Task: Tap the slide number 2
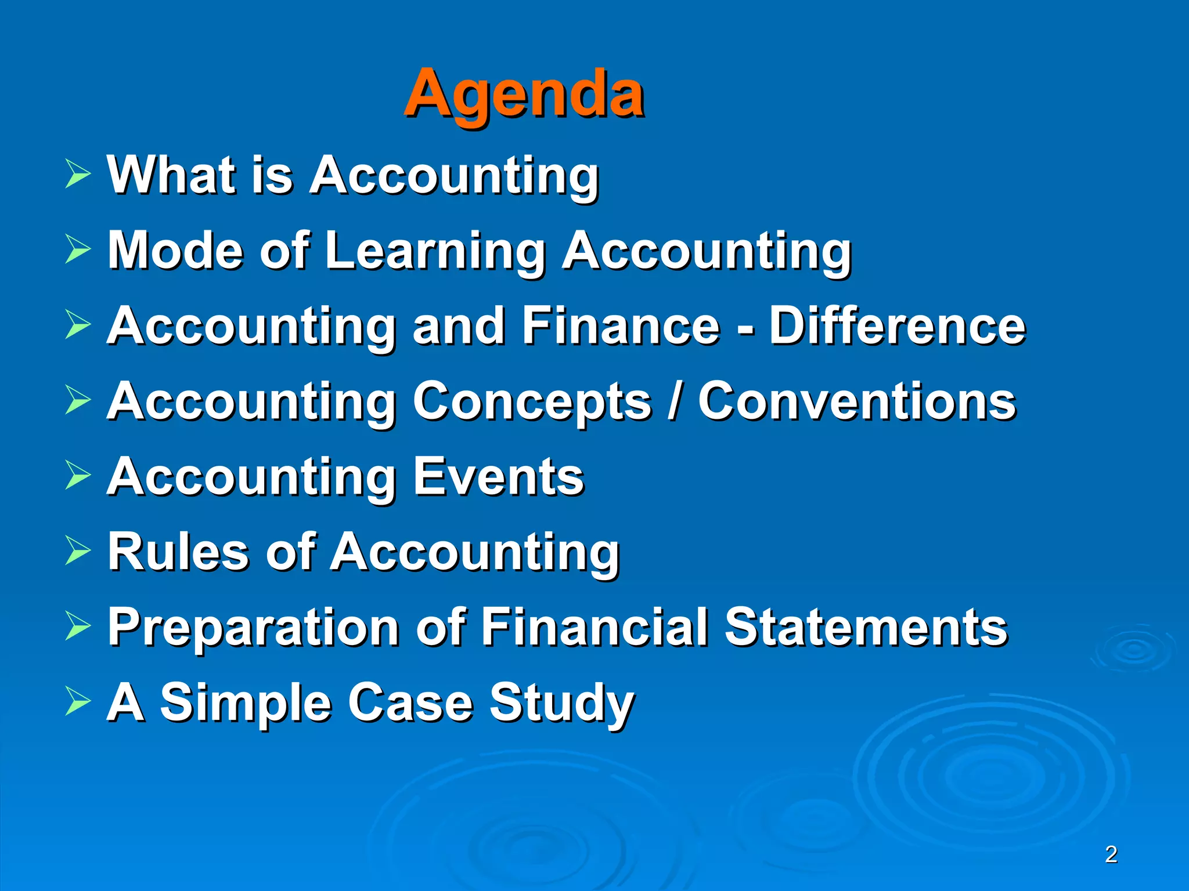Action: click(x=1111, y=854)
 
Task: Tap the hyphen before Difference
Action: click(x=745, y=328)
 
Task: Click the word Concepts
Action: click(x=532, y=401)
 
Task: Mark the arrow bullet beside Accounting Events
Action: click(x=77, y=475)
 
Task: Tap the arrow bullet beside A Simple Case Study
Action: click(x=77, y=701)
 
